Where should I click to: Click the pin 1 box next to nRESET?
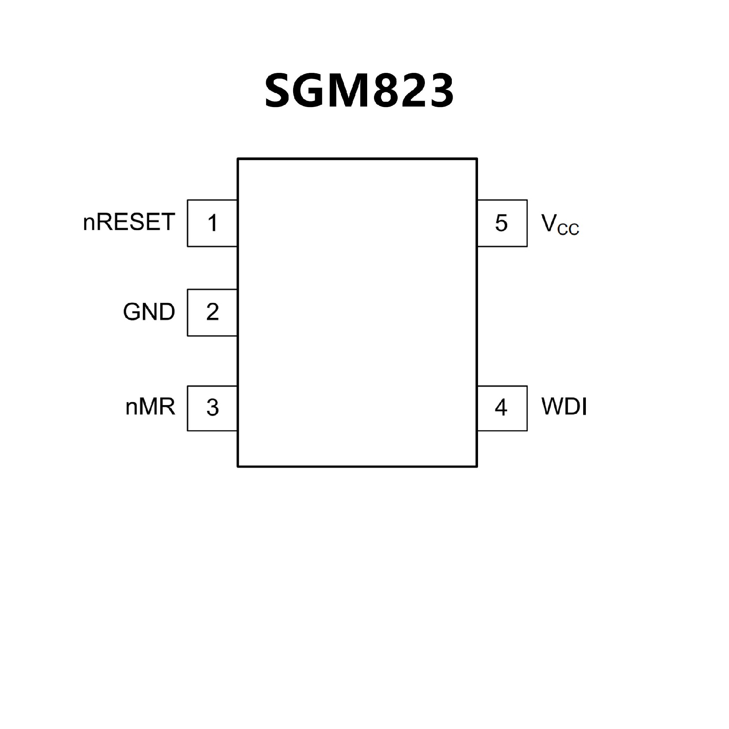tap(212, 223)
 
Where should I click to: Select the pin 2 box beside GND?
tap(212, 312)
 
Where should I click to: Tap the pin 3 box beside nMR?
tap(212, 408)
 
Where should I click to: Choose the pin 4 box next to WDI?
tap(502, 408)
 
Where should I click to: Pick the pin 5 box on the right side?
tap(502, 223)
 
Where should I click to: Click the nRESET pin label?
tap(129, 222)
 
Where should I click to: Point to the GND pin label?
tap(149, 312)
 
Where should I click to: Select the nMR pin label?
tap(150, 407)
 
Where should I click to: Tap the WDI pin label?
tap(564, 407)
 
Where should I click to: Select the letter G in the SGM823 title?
tap(314, 90)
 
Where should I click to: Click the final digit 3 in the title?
tap(440, 90)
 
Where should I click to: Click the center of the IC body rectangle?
tap(357, 312)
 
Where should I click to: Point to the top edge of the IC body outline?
tap(357, 159)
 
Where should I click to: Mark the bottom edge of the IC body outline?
tap(357, 466)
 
